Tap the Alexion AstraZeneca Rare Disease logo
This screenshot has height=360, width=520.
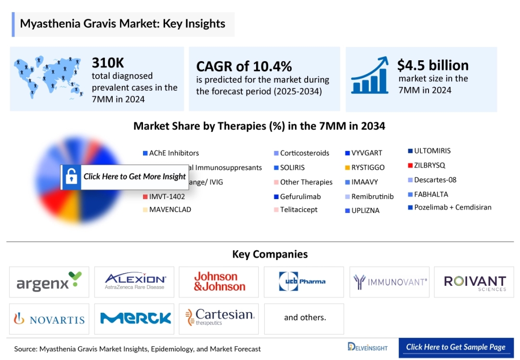click(x=134, y=282)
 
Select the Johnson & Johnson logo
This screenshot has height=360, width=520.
click(x=219, y=282)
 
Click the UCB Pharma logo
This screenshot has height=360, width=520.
click(x=303, y=282)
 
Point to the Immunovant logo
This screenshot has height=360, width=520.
click(x=390, y=281)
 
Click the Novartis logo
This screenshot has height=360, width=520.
click(x=49, y=319)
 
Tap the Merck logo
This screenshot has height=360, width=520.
click(x=135, y=319)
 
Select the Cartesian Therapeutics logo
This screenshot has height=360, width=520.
click(x=220, y=317)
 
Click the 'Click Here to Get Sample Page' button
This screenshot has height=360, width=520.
click(x=455, y=347)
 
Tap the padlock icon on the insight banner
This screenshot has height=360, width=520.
click(x=71, y=177)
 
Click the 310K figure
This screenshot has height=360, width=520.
click(x=108, y=63)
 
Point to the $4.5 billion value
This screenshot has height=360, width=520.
click(x=432, y=65)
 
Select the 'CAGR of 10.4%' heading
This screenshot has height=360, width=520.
click(x=244, y=66)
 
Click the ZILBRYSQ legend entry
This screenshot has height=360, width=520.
click(x=429, y=165)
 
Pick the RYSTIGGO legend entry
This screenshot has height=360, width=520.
click(x=367, y=168)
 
